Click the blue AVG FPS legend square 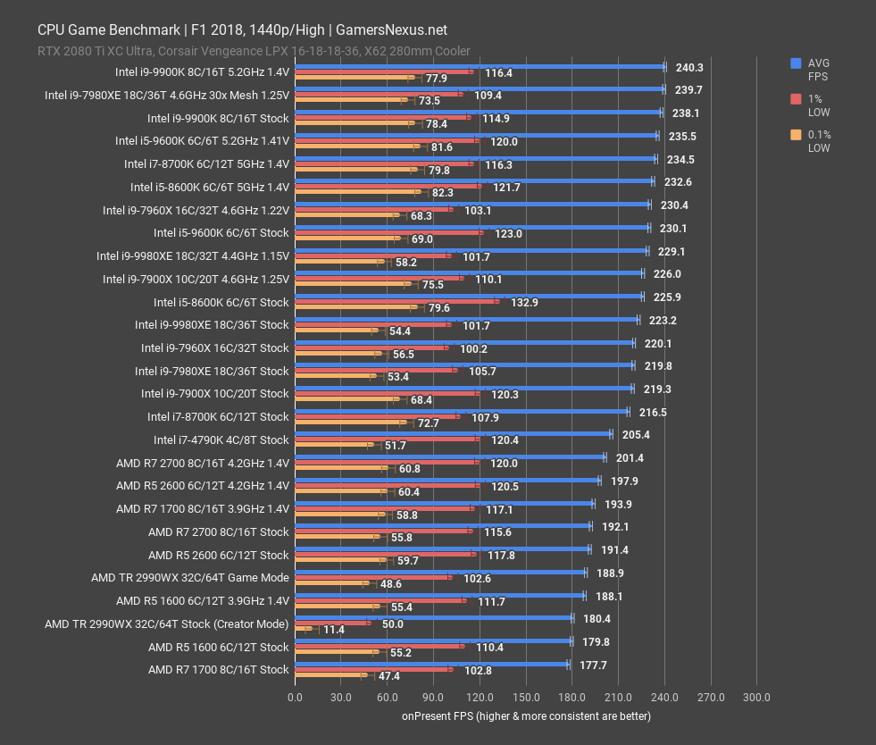795,63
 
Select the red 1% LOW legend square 795,99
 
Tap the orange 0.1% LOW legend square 795,135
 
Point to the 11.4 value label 333,630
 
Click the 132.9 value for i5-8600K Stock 524,303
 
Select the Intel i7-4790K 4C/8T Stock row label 221,439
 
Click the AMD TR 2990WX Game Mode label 189,577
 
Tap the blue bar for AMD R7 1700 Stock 431,664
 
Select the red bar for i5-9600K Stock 388,232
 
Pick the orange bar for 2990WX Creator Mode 303,629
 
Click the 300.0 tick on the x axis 756,698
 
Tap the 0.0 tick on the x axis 295,698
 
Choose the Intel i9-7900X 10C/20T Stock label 214,393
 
